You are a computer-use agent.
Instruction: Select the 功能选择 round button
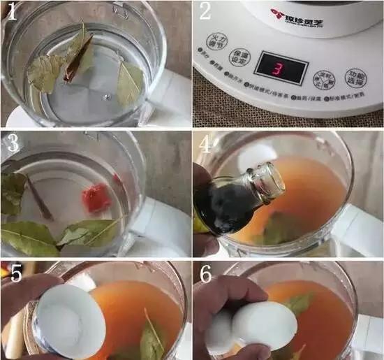click(357, 78)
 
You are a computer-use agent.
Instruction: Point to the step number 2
click(205, 12)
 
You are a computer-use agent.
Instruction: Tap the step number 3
click(12, 143)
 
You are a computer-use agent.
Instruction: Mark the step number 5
click(13, 274)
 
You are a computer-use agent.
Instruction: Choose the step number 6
click(206, 274)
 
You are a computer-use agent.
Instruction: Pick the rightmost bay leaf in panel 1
click(131, 82)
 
